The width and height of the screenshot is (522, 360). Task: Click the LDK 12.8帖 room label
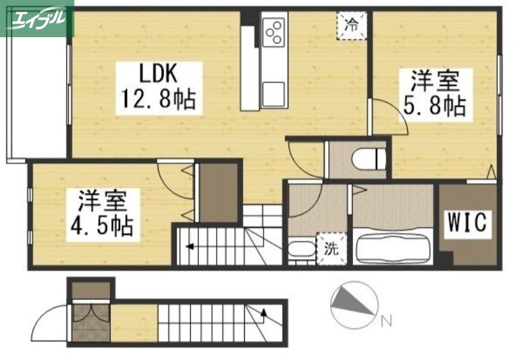click(156, 86)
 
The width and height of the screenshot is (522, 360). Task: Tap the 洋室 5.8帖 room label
click(435, 94)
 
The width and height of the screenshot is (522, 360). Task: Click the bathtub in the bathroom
click(393, 245)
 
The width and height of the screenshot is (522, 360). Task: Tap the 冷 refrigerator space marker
click(351, 25)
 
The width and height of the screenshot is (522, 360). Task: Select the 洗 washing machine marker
click(331, 248)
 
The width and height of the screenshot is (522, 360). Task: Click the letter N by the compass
click(386, 320)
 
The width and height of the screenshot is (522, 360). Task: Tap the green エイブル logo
click(37, 18)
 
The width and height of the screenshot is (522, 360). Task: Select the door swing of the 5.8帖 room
click(390, 117)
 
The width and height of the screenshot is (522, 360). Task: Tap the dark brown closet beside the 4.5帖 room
click(219, 192)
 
